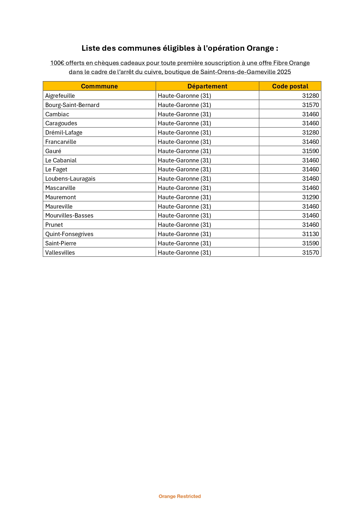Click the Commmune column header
(x=99, y=86)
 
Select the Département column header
(x=207, y=86)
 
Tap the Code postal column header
(x=290, y=86)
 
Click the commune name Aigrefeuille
(x=60, y=96)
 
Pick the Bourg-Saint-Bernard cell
(x=72, y=105)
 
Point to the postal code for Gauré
(x=310, y=151)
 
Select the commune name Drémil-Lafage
(x=64, y=133)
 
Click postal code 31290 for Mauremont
(x=310, y=197)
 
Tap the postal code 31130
(x=310, y=234)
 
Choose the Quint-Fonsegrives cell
(x=69, y=234)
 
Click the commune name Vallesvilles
(x=60, y=253)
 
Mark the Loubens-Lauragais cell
(x=70, y=179)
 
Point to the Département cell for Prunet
(x=184, y=225)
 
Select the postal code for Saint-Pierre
(x=310, y=243)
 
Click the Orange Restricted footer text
(x=180, y=496)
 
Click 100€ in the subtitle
(x=57, y=63)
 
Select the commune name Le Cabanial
(x=61, y=160)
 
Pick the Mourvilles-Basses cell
(x=69, y=215)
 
